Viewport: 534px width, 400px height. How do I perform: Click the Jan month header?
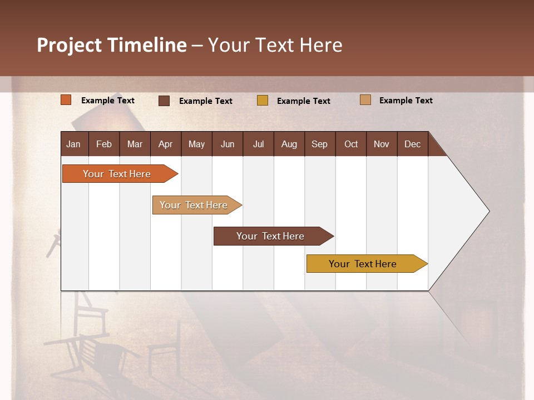[74, 144]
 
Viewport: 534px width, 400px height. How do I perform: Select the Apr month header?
[166, 144]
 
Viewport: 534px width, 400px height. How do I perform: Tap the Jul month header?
[259, 144]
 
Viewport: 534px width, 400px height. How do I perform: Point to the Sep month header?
[320, 144]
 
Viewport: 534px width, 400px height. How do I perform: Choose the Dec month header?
[413, 144]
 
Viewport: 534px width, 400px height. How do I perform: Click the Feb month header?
[104, 144]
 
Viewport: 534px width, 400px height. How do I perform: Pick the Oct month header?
[351, 144]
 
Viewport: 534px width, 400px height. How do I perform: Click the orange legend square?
[66, 100]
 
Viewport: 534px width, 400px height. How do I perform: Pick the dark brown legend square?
[164, 101]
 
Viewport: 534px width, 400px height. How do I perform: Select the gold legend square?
[263, 101]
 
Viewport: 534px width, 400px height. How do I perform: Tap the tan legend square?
[365, 100]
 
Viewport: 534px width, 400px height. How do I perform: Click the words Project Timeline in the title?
[111, 45]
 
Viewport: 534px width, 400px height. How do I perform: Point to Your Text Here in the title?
[275, 45]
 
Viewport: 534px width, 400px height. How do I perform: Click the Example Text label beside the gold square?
[304, 101]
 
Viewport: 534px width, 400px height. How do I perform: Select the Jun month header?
[228, 144]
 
